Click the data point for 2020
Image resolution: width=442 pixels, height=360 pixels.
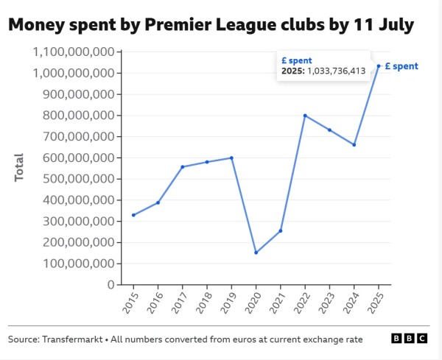click(x=256, y=253)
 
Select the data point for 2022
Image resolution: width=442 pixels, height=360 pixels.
click(x=305, y=116)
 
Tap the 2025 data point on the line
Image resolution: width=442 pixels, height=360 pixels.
click(x=379, y=66)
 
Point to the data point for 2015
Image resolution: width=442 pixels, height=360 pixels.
click(x=133, y=215)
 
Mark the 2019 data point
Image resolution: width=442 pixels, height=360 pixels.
click(x=232, y=158)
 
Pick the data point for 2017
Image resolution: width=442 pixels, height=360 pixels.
click(x=183, y=166)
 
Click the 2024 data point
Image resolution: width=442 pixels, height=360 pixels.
click(x=354, y=145)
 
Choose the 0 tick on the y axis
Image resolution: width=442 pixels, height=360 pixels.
click(x=109, y=284)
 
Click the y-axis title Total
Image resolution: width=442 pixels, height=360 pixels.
click(x=19, y=168)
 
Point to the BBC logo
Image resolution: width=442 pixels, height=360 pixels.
click(x=409, y=339)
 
